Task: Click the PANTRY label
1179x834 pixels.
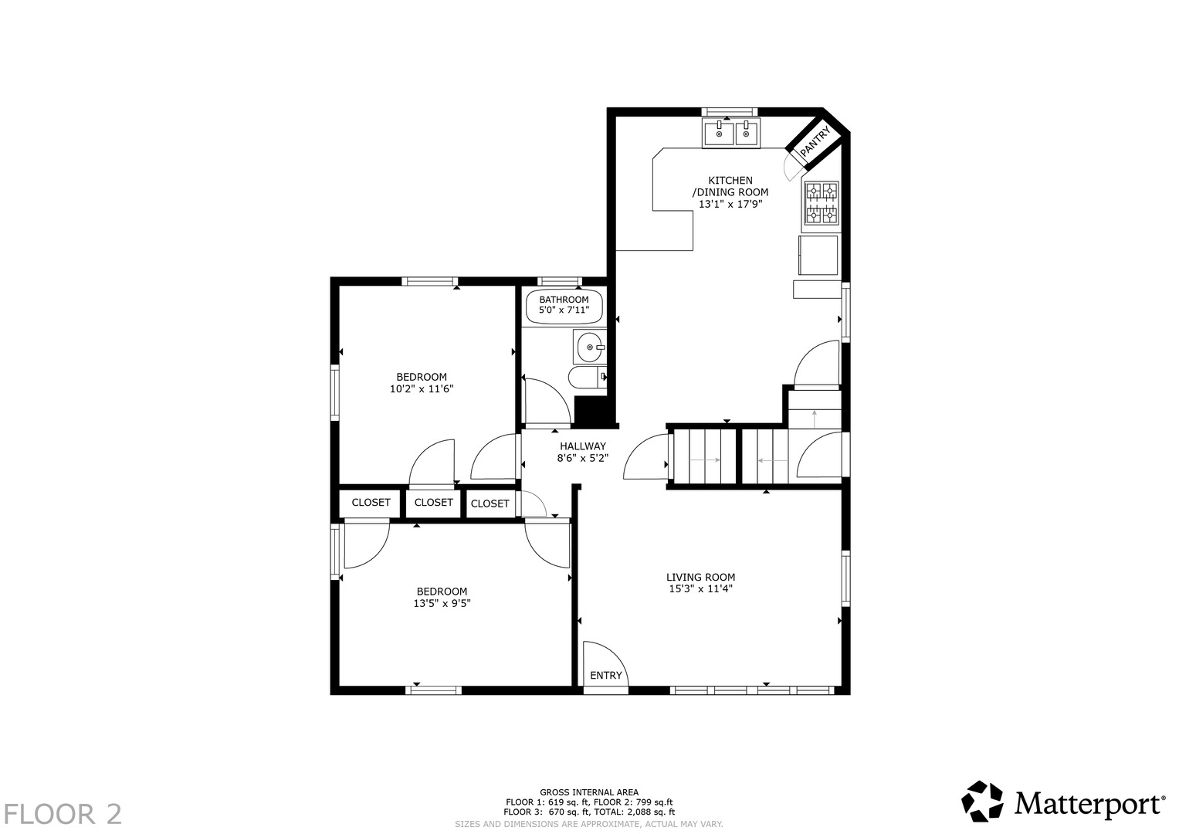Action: coord(815,141)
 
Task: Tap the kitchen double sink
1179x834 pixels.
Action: coord(731,133)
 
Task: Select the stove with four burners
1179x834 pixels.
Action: coord(822,205)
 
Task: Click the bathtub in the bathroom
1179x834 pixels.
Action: coord(564,306)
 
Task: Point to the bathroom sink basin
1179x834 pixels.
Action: coord(589,347)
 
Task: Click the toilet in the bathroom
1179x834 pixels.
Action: coord(588,378)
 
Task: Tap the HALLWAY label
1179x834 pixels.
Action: coord(583,446)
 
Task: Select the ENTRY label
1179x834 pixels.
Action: coord(606,676)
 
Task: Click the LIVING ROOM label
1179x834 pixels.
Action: coord(700,577)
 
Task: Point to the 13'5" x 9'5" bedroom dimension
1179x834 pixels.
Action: coord(442,603)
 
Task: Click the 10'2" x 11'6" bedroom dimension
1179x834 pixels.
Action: coord(422,389)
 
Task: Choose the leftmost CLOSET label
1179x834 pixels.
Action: coord(371,502)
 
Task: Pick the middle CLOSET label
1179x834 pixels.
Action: coord(433,502)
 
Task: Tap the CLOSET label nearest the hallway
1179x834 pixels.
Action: coord(490,503)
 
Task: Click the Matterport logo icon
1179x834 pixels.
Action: coord(982,802)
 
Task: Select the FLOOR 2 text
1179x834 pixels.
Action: coord(63,814)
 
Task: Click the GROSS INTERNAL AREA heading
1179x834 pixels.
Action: coord(589,792)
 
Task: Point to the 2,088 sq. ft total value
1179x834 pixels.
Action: coord(645,812)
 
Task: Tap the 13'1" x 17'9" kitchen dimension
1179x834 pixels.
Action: coord(730,205)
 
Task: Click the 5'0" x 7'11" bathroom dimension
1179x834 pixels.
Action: coord(564,310)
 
